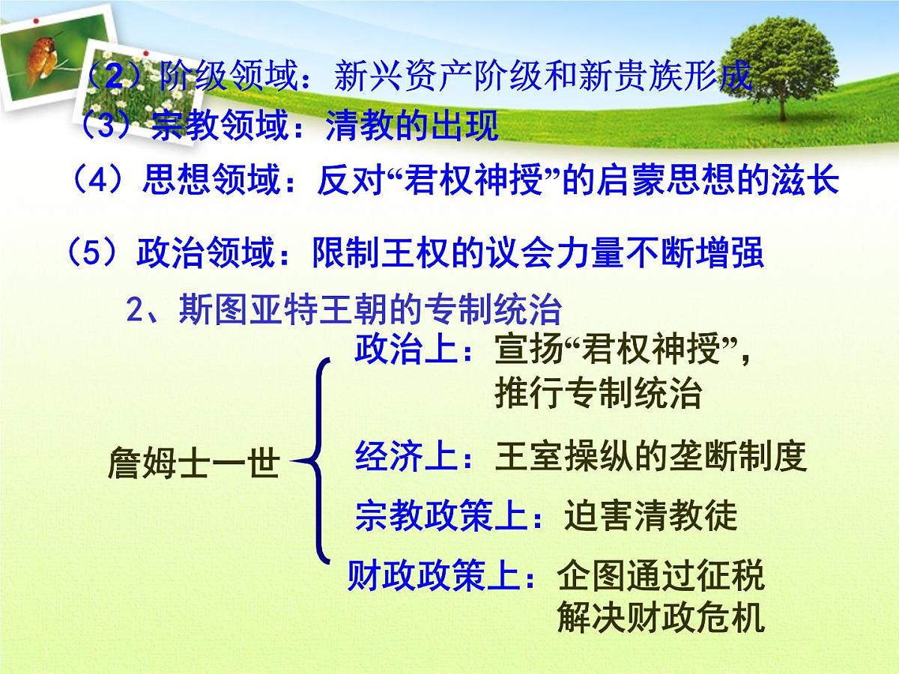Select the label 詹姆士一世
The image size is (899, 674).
193,465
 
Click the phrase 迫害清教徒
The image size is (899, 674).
651,516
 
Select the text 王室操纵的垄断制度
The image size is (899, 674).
650,456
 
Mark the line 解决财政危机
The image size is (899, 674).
661,618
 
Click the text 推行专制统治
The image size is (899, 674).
598,394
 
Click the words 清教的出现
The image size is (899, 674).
412,127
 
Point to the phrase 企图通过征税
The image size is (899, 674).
661,577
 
